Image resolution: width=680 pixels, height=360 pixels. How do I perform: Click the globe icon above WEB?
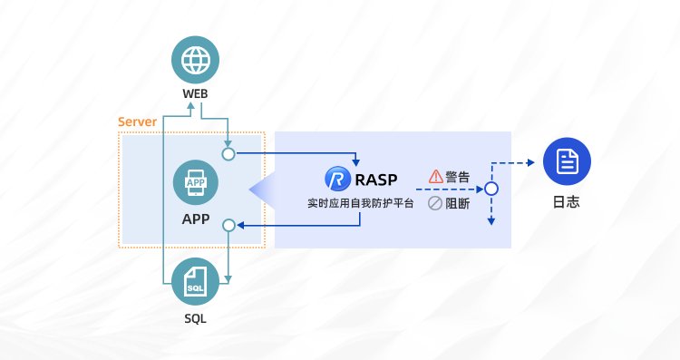[x=195, y=60]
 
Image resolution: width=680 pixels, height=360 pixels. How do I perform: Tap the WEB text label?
[x=195, y=95]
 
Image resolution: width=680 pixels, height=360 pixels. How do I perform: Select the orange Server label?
[x=137, y=122]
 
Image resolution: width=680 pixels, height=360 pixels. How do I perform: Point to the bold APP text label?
[x=195, y=219]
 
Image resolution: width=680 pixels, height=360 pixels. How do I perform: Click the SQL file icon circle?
[x=195, y=281]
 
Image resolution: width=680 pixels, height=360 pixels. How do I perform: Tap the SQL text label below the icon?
[x=195, y=318]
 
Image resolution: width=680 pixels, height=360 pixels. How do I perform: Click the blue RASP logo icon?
[x=338, y=179]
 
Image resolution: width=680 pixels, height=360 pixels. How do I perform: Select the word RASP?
[x=376, y=179]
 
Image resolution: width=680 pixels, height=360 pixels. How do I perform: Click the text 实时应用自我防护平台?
[x=360, y=203]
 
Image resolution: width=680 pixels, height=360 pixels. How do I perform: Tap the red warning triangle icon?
[x=435, y=176]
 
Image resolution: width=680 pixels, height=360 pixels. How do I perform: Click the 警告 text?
[x=458, y=176]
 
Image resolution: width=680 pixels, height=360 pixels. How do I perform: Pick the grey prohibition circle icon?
[x=435, y=203]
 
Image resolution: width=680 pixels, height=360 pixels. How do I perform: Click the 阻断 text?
[x=458, y=203]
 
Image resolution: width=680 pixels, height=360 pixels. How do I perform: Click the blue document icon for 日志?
[x=567, y=163]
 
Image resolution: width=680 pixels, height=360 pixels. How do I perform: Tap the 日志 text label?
[x=567, y=201]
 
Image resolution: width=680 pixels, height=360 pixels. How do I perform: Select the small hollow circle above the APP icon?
[x=228, y=154]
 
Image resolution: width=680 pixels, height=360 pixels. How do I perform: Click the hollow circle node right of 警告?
[x=491, y=189]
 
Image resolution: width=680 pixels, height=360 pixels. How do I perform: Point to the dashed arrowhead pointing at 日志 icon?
[x=531, y=164]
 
